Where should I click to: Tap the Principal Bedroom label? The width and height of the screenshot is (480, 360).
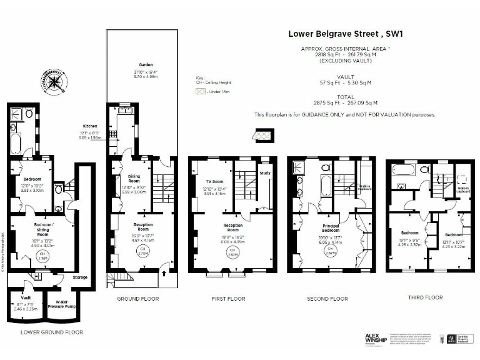tap(331, 228)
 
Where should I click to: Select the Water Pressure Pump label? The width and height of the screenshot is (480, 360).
tap(61, 305)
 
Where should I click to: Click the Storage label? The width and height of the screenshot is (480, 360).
tap(80, 277)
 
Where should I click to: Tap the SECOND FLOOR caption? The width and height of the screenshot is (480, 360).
tap(327, 299)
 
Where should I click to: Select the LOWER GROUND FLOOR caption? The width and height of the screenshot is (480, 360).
tap(51, 332)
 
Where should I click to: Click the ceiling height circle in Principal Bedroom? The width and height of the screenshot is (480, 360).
tap(330, 252)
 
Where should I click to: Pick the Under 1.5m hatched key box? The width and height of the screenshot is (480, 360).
tap(200, 91)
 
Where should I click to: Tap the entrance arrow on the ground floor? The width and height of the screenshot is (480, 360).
tap(164, 272)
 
